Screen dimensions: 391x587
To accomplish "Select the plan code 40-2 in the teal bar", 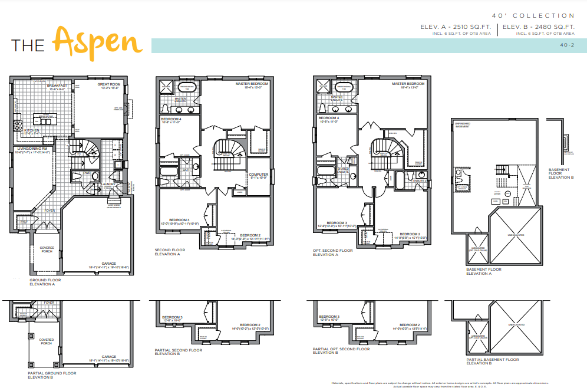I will [567, 45].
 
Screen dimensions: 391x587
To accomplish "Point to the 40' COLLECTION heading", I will [533, 16].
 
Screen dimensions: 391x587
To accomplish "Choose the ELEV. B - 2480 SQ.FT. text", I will [538, 27].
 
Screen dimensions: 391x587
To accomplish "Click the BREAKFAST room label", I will [58, 86].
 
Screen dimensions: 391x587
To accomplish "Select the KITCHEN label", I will [32, 131].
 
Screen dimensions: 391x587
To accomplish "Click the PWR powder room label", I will [87, 173].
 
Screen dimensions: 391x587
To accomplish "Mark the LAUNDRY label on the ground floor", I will [108, 183].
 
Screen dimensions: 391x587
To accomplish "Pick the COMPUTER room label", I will [258, 175].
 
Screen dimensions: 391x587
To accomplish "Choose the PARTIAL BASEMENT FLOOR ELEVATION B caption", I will [493, 361].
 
